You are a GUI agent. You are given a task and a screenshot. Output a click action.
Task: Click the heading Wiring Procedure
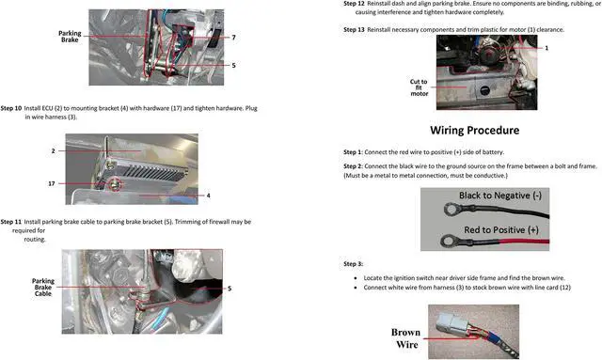[x=475, y=130]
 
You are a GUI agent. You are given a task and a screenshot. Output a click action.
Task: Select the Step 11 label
[x=12, y=222]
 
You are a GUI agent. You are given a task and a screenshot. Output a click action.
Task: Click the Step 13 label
[x=356, y=30]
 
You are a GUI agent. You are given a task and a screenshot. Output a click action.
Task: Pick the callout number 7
[x=233, y=38]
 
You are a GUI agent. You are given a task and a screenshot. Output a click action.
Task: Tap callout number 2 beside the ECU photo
[x=53, y=150]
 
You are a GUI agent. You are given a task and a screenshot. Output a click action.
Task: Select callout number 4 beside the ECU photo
[x=208, y=196]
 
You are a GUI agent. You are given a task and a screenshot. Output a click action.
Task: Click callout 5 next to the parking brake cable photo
[x=229, y=289]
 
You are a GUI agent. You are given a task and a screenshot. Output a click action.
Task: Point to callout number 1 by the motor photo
[x=547, y=48]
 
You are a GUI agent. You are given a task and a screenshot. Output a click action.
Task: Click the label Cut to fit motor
[x=419, y=87]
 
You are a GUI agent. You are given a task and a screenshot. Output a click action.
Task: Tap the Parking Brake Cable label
[x=43, y=287]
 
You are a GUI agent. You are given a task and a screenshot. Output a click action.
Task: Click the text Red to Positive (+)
[x=499, y=230]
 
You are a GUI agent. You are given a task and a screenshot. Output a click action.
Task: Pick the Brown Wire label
[x=405, y=337]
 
